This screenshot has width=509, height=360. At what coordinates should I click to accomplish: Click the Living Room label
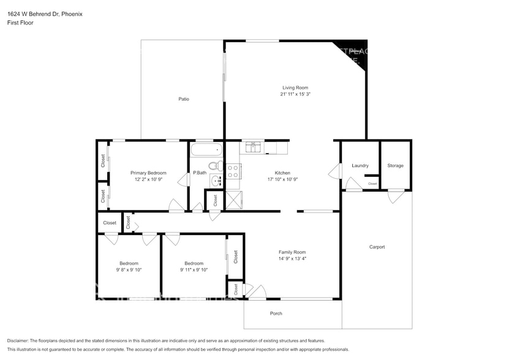point(295,88)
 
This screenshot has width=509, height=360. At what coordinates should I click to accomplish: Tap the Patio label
point(184,99)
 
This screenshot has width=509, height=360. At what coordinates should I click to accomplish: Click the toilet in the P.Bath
point(214,165)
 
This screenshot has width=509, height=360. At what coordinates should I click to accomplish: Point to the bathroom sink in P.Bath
point(216,180)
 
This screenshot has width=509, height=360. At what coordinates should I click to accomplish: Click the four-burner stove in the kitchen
point(233,171)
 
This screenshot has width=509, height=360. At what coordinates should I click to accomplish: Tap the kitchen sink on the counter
point(253,147)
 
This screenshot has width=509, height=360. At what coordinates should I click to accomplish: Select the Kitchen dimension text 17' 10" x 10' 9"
point(282,179)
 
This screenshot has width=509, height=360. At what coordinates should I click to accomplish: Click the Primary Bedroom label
point(148,173)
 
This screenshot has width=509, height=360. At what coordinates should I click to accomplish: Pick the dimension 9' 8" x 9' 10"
point(129,269)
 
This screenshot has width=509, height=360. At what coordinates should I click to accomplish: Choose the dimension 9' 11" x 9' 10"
point(194,269)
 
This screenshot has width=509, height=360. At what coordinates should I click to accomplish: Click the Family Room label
point(292,252)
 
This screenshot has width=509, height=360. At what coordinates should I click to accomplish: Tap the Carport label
point(377,247)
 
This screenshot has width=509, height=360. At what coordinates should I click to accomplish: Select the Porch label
point(276,313)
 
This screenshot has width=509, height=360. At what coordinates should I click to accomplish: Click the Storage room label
point(395,165)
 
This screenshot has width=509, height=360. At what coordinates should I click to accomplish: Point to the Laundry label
point(360,165)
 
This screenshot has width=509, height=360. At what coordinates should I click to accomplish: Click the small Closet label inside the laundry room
point(372,184)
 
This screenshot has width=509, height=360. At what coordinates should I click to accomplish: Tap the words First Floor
point(20,23)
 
